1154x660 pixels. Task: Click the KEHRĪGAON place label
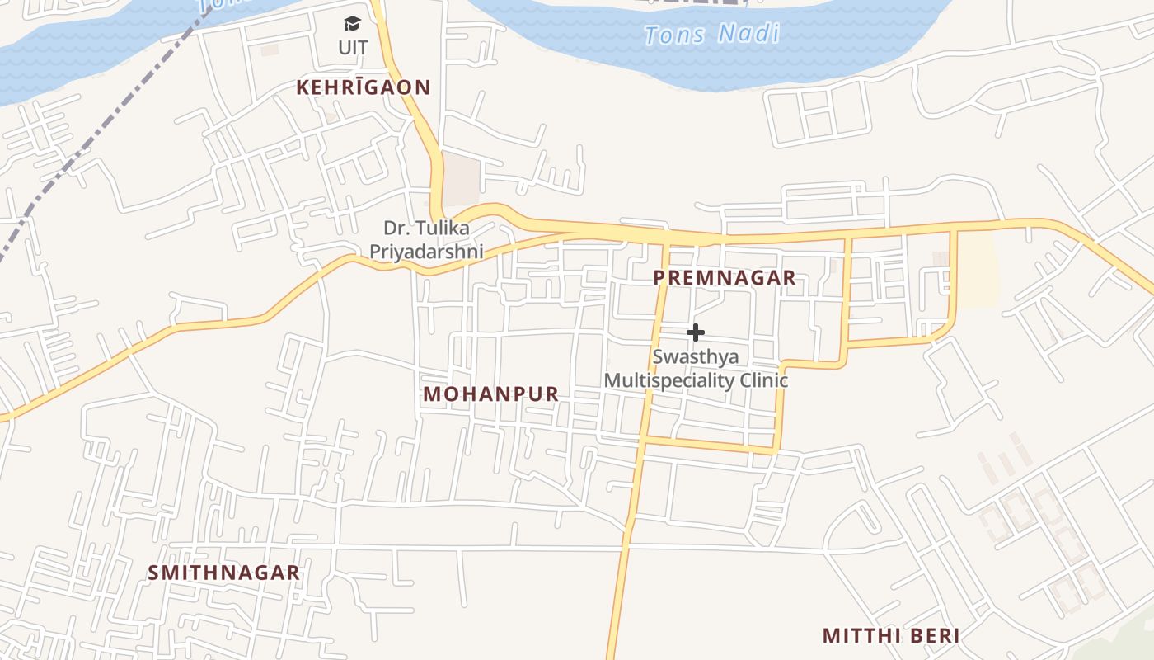tap(364, 87)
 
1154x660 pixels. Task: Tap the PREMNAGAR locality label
tap(725, 278)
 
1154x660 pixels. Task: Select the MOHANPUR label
tap(490, 394)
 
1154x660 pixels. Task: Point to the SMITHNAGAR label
tap(223, 573)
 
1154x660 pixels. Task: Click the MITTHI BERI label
tap(890, 636)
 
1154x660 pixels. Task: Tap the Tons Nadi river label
tap(711, 35)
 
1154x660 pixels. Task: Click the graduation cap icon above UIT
tap(353, 24)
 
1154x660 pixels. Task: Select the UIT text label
tap(353, 48)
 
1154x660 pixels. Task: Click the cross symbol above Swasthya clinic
tap(696, 332)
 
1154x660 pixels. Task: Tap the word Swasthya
tap(696, 357)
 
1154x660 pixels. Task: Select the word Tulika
tap(448, 228)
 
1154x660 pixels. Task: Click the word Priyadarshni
tap(425, 251)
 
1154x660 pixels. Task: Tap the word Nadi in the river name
tap(748, 33)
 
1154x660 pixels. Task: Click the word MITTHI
tap(854, 636)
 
